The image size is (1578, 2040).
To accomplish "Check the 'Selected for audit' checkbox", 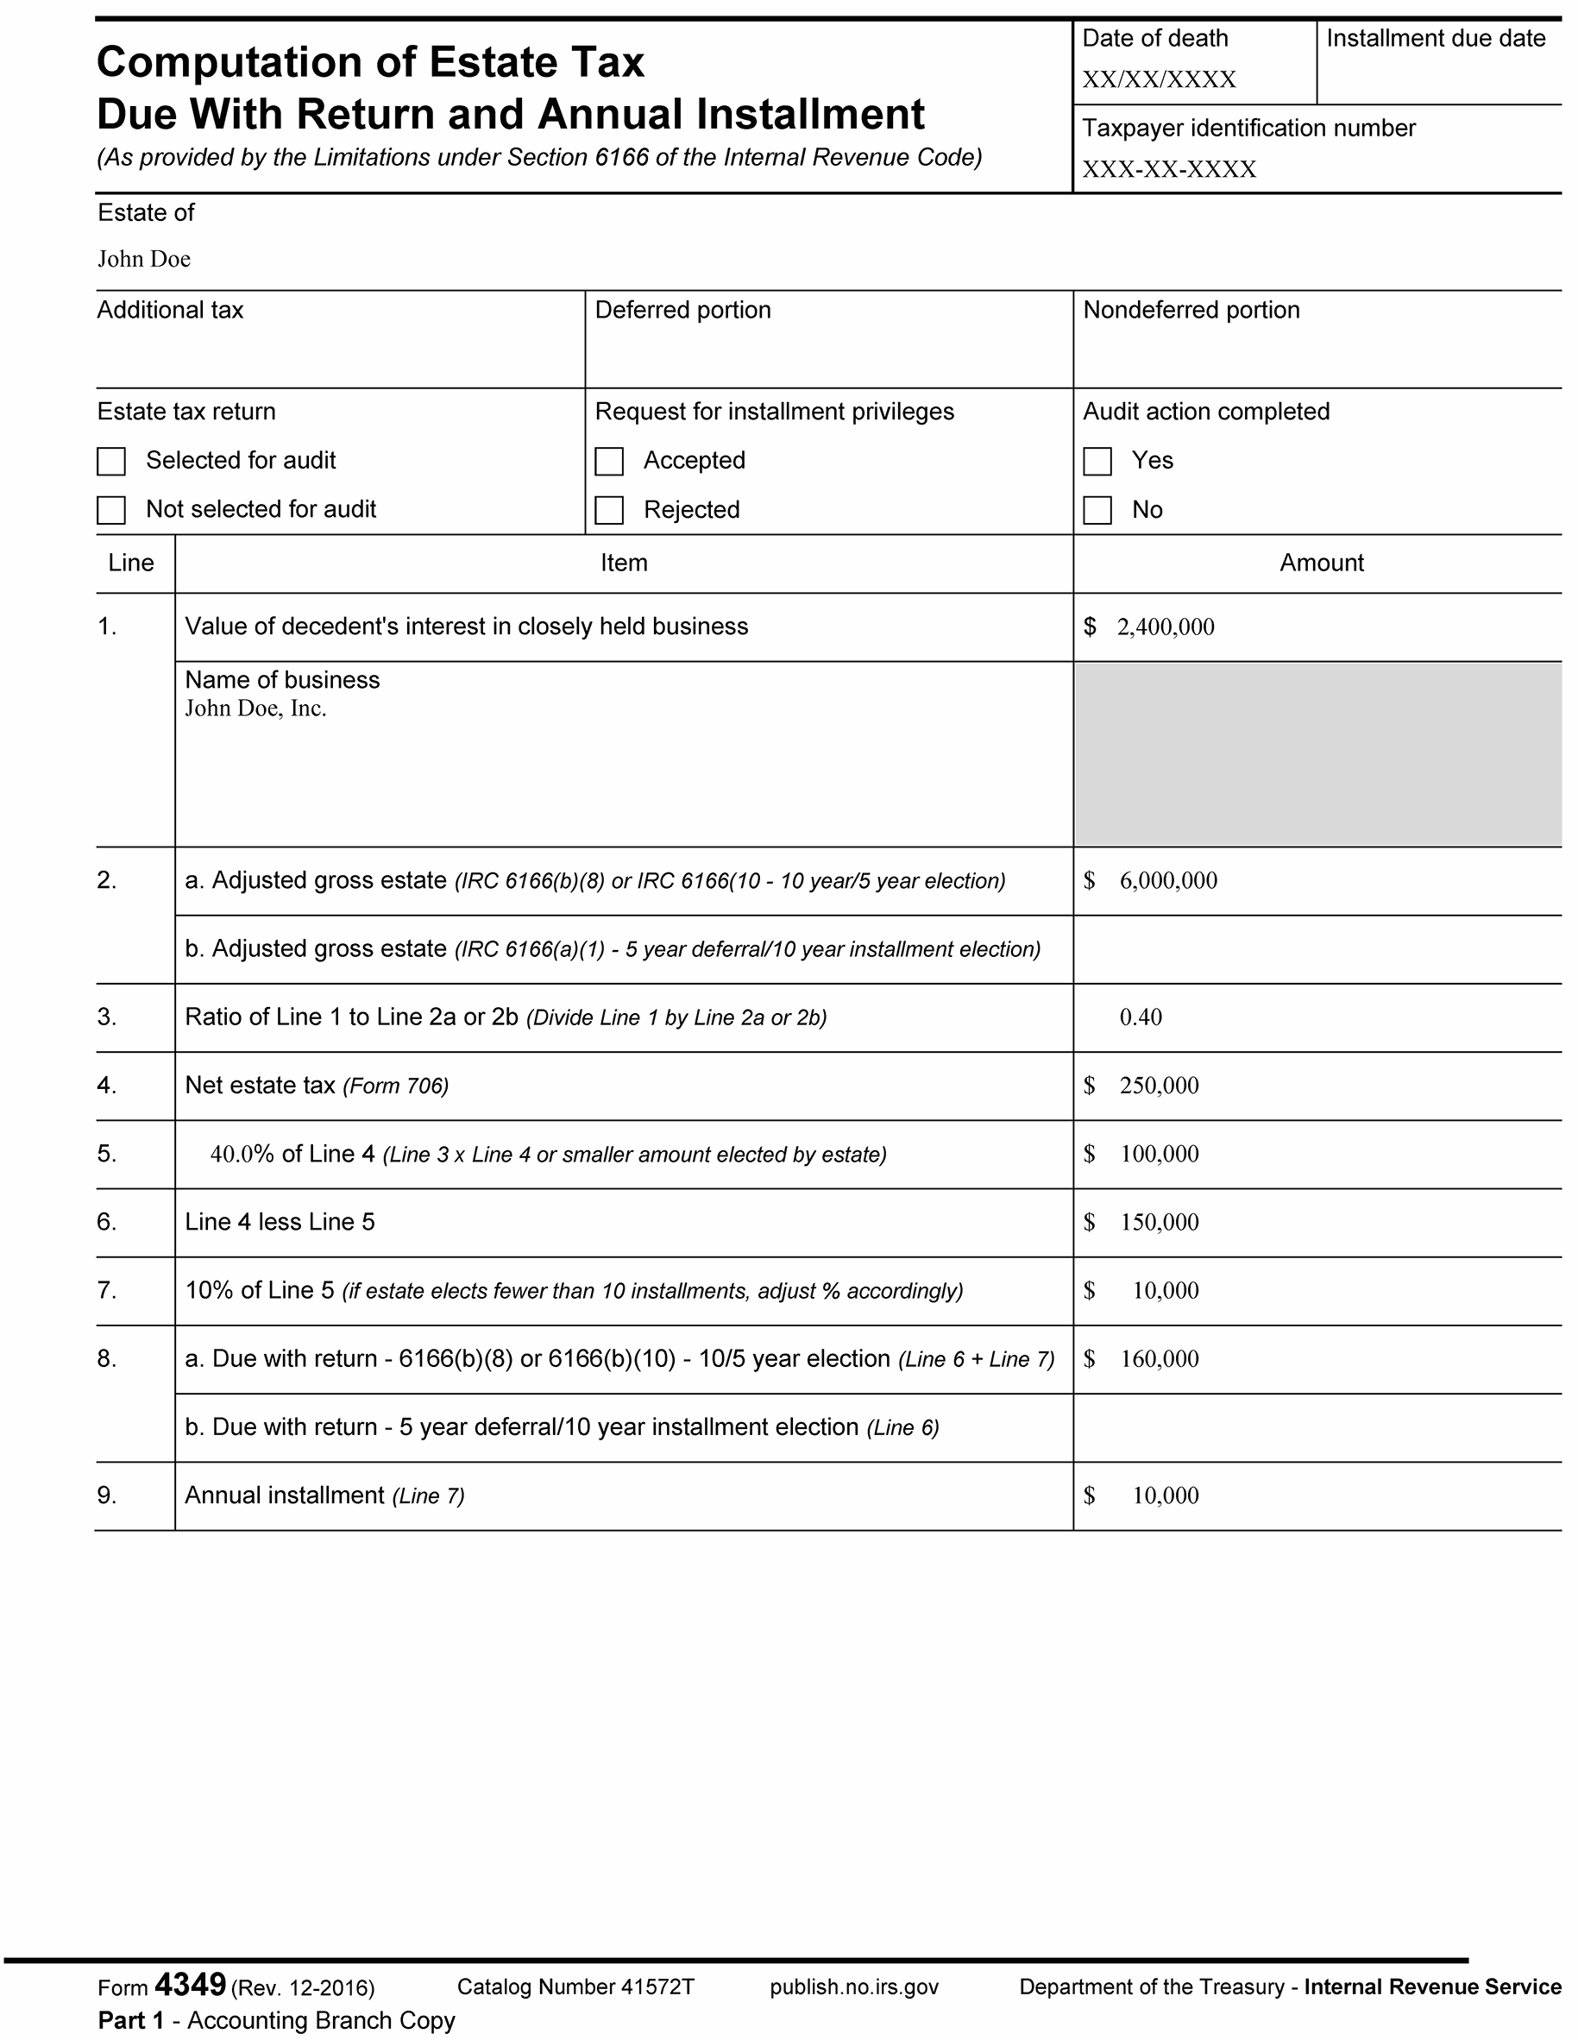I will pos(111,462).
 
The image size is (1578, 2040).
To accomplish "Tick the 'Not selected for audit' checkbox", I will pos(111,510).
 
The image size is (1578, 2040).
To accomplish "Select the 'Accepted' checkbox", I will pos(609,462).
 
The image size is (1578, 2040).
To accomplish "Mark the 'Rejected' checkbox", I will pos(609,510).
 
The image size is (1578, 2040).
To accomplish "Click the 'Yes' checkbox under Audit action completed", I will pos(1097,462).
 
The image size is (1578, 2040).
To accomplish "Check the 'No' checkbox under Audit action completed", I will pos(1097,510).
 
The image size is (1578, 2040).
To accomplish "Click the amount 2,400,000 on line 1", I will pos(1166,626).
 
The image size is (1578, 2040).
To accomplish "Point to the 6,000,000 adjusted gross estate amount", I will pos(1168,881).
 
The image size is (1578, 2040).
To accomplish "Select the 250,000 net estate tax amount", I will pos(1159,1086).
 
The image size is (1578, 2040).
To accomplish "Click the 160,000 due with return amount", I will pos(1159,1359).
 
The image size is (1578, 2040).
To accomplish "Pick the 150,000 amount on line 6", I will pos(1159,1222).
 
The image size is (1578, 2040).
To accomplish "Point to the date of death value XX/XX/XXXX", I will pos(1159,79).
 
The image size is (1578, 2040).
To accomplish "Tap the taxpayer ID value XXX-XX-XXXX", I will pos(1169,169).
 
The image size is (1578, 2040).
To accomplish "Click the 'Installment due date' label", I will pos(1435,38).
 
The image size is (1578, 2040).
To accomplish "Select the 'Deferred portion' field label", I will pos(682,310).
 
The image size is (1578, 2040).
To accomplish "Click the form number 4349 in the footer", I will pos(191,1983).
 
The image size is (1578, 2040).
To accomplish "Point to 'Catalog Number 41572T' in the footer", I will pos(575,1986).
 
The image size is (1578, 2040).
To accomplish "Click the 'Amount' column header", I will pos(1321,563).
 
